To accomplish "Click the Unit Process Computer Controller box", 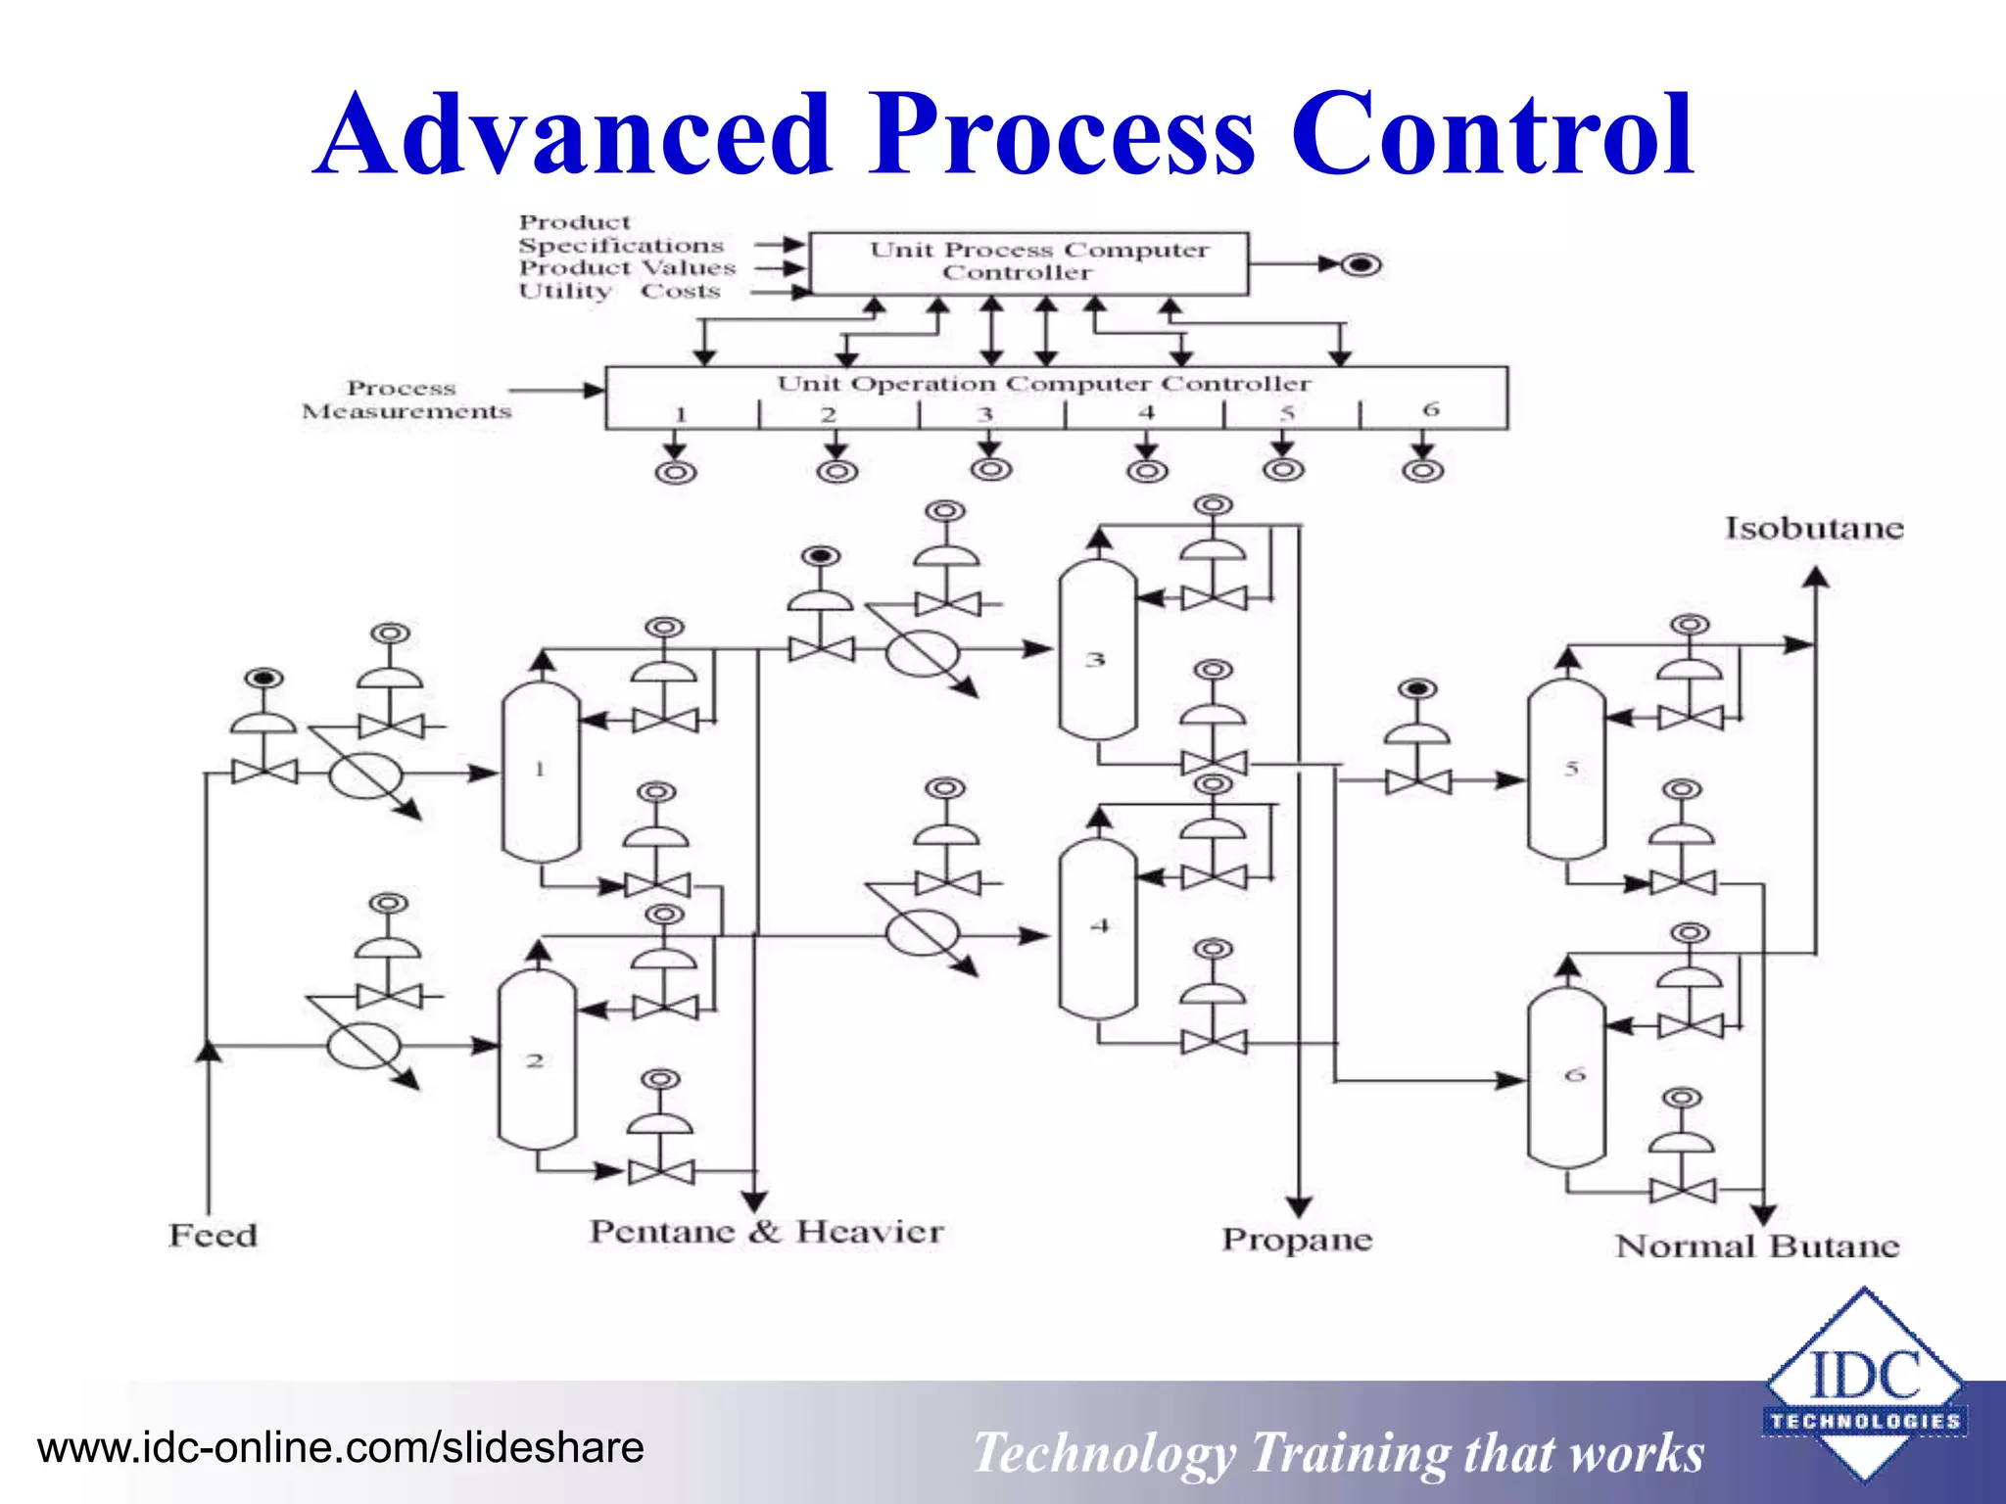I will (x=1028, y=262).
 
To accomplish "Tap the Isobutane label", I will (x=1814, y=529).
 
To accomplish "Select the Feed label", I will (x=213, y=1236).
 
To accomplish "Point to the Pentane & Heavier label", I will (x=766, y=1232).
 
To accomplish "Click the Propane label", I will (x=1297, y=1240).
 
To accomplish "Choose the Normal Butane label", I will (x=1757, y=1246).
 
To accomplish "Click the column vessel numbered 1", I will (x=541, y=772).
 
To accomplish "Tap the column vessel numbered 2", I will (x=537, y=1059).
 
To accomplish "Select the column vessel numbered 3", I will (x=1097, y=651).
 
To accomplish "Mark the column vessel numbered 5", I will (x=1566, y=770).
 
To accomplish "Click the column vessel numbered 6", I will (x=1566, y=1077).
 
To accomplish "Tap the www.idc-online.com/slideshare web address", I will (x=340, y=1448).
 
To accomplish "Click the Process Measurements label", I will (x=406, y=400).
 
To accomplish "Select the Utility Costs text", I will (x=619, y=292).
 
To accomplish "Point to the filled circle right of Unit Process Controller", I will (x=1361, y=264).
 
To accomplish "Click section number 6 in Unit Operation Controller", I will (x=1431, y=409).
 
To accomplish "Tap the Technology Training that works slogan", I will (x=1338, y=1453).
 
